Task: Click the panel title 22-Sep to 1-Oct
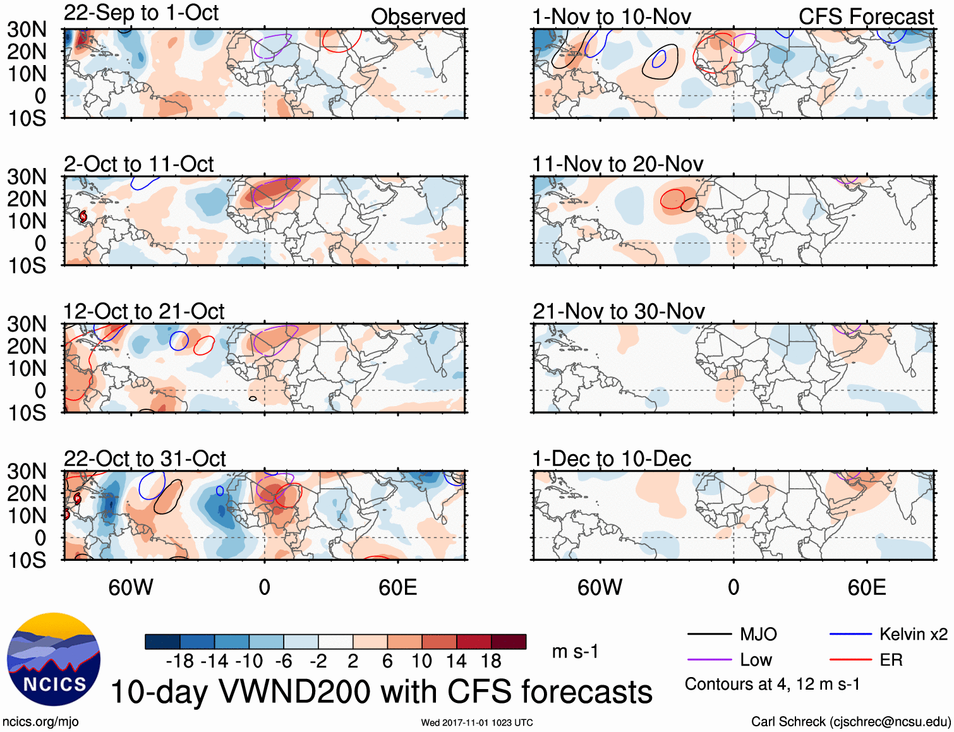141,13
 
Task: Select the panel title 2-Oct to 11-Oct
138,164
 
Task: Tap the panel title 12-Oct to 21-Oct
143,311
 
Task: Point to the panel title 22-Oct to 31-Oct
144,459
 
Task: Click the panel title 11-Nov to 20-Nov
617,164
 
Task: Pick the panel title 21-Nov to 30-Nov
619,311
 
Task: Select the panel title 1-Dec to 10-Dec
612,459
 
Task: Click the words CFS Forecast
866,17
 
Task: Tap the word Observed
418,17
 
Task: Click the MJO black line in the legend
709,634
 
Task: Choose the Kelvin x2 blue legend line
850,634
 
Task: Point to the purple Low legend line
709,660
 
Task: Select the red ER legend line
850,660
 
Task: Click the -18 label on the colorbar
180,661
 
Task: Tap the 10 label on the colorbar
421,661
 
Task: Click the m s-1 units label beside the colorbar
575,652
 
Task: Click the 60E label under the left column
397,588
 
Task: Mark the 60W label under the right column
600,588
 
